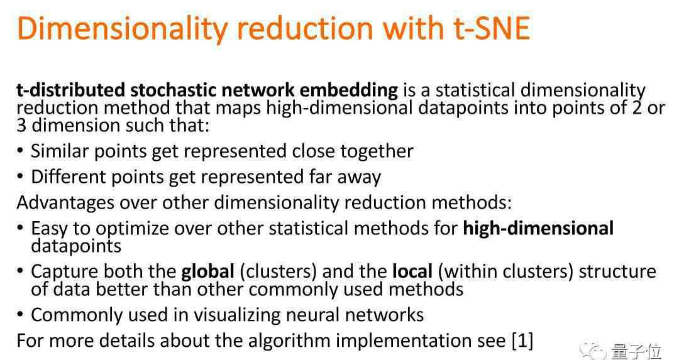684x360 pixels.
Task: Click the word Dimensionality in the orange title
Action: (122, 29)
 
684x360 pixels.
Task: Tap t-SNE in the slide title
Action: (492, 28)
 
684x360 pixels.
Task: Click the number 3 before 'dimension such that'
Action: (21, 126)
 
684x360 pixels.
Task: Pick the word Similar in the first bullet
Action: (59, 151)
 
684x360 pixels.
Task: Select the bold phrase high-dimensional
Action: (538, 229)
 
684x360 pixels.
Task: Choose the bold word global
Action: (207, 271)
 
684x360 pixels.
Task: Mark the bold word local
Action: (412, 271)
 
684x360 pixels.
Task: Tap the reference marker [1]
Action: (522, 341)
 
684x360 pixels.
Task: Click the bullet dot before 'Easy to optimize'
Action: (20, 227)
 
